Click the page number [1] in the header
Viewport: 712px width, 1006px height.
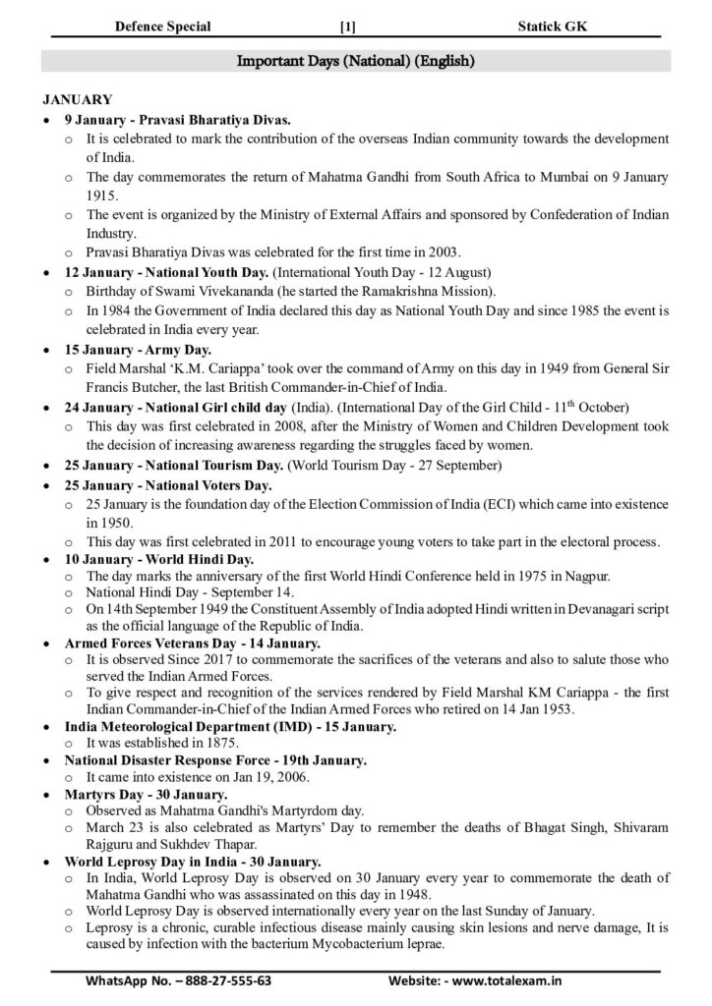click(x=346, y=27)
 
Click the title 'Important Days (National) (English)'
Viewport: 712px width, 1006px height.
click(x=356, y=61)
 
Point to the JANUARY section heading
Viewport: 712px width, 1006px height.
click(x=78, y=99)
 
